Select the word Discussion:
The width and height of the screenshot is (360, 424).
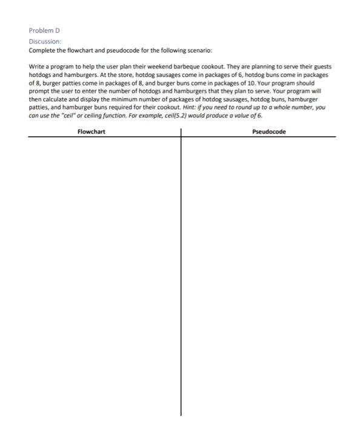coord(44,41)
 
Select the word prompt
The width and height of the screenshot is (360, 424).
coord(39,90)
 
